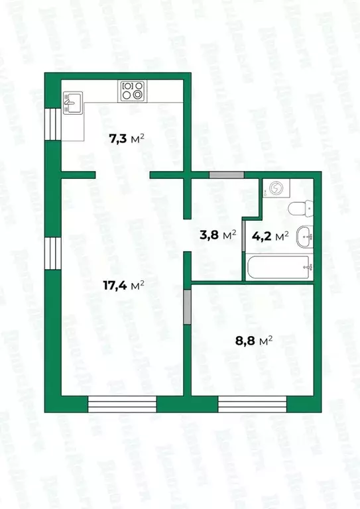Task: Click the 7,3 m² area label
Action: click(x=126, y=139)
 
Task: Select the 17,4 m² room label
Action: click(x=124, y=286)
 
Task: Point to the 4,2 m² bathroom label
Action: click(x=270, y=235)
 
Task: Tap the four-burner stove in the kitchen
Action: click(x=132, y=89)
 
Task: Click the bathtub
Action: click(x=278, y=267)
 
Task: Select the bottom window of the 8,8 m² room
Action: click(x=253, y=404)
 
